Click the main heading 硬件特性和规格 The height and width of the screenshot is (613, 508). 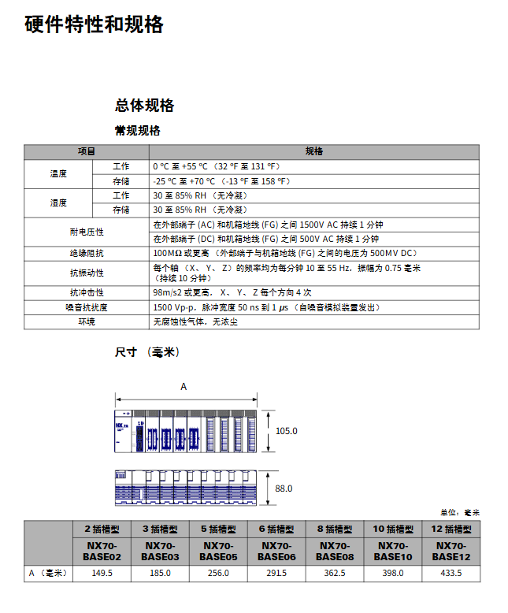94,24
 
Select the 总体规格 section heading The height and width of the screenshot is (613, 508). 144,106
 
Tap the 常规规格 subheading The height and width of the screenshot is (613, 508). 137,131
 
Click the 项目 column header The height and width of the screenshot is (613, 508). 87,151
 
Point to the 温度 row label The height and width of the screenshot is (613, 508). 58,173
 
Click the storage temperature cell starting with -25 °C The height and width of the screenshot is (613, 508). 222,181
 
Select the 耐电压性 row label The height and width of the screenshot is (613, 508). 87,232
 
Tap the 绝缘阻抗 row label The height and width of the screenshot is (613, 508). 87,254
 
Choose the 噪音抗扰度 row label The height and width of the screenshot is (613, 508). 87,307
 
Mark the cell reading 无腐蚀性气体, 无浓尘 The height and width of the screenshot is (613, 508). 195,321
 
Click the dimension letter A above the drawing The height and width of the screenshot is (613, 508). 184,387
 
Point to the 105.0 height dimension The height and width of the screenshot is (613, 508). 287,431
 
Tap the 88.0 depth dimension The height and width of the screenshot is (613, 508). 284,489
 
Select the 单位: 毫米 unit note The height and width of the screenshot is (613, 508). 459,513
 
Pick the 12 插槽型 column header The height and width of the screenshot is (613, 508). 450,529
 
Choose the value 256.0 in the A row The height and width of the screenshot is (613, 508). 217,573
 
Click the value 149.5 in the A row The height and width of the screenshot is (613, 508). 102,573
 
